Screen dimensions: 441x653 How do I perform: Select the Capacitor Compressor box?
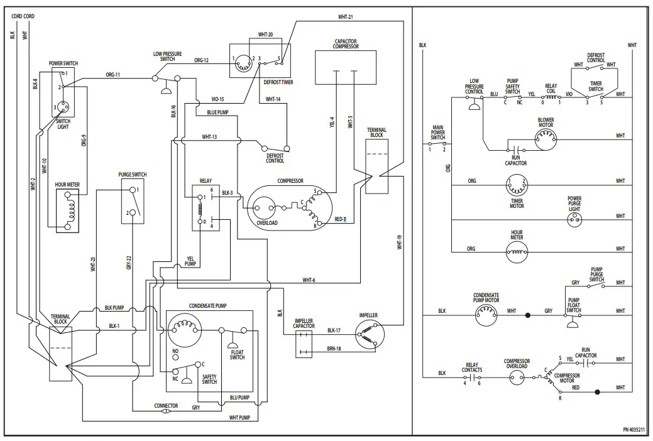tap(346, 69)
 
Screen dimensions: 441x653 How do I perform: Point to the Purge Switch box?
tap(133, 200)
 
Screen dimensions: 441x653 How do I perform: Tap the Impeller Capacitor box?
tap(304, 343)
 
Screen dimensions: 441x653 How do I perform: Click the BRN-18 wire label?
tap(334, 348)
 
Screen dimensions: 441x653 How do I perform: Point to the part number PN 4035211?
tap(633, 429)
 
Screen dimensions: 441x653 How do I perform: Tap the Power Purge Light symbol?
tap(574, 218)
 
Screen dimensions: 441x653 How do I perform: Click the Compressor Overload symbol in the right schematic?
tap(517, 378)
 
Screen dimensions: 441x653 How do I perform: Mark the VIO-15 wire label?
tap(217, 99)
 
